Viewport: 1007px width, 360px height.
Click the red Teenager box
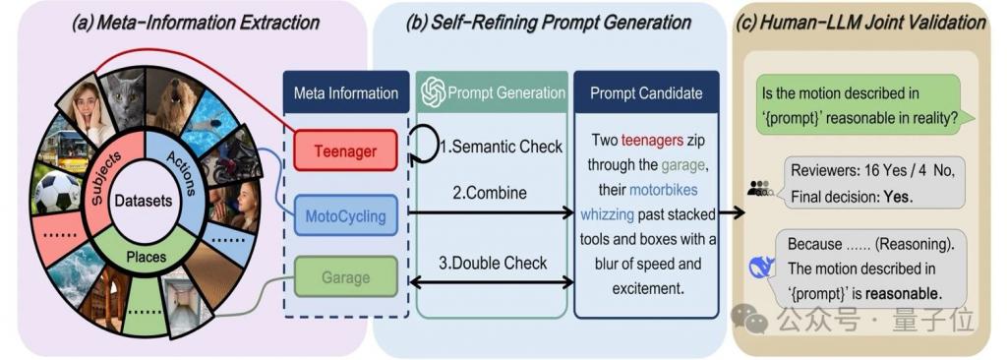345,150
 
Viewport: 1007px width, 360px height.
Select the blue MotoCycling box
345,214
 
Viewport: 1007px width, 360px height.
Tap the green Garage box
345,277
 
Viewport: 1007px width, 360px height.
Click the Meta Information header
346,92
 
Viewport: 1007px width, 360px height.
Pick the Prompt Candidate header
646,92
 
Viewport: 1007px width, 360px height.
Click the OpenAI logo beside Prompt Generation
434,91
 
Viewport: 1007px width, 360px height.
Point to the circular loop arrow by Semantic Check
423,147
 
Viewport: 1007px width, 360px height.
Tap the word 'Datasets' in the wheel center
144,202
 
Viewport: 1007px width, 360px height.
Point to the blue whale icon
762,268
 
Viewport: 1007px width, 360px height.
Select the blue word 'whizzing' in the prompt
607,214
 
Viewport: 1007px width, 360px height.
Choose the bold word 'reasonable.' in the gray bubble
904,293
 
